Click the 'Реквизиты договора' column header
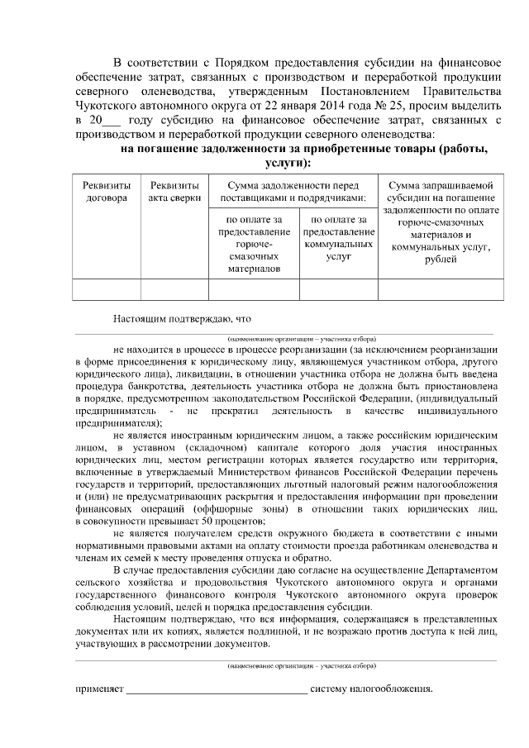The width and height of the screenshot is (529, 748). (107, 192)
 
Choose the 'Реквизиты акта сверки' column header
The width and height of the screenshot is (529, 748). (174, 192)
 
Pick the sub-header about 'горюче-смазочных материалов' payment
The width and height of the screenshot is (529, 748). (253, 244)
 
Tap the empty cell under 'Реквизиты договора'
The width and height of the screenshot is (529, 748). (107, 289)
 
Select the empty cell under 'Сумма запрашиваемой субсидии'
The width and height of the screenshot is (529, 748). (440, 289)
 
